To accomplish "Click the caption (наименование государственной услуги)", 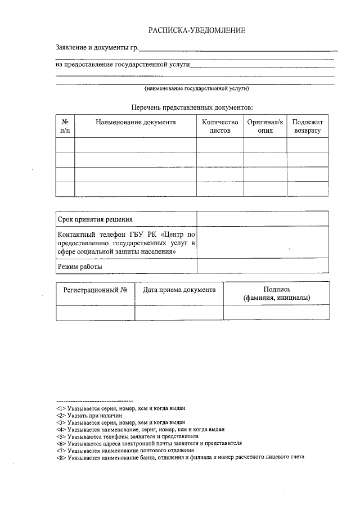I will click(196, 89).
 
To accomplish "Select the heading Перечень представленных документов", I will click(192, 106).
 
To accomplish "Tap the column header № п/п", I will click(65, 126).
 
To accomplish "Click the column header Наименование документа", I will click(136, 122).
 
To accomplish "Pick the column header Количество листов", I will click(220, 126).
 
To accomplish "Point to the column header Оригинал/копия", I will click(265, 126).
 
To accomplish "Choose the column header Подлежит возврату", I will click(307, 126).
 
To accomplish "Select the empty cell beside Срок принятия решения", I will click(263, 219).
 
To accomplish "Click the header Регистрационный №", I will click(96, 290).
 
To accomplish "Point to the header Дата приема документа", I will click(179, 290).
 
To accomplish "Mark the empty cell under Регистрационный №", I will click(96, 312).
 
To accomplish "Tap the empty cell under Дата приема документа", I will click(179, 312).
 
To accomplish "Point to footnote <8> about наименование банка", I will click(180, 457).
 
